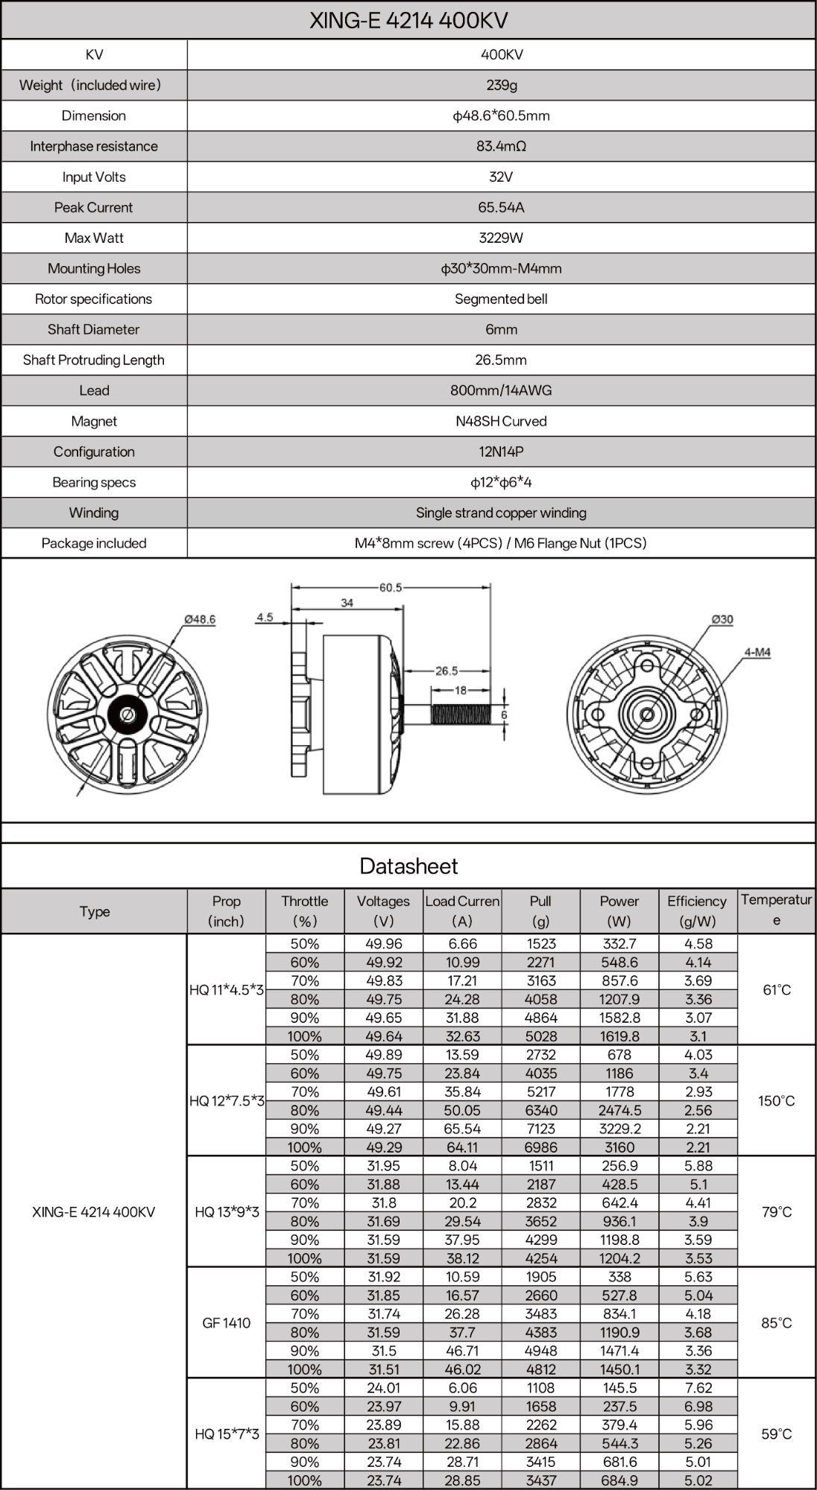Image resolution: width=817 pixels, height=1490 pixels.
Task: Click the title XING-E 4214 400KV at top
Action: tap(408, 20)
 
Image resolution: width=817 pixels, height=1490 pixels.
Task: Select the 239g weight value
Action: tap(501, 85)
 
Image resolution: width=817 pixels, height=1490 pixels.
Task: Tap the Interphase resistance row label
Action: tap(94, 146)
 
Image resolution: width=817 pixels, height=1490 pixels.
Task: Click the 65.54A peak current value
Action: tap(501, 207)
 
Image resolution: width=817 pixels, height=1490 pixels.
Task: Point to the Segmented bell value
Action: tap(501, 299)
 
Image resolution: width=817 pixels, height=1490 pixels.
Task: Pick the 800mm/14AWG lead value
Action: tap(501, 390)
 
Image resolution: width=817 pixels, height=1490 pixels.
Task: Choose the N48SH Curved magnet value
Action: tap(501, 421)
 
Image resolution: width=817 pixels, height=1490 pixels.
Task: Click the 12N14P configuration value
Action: tap(501, 451)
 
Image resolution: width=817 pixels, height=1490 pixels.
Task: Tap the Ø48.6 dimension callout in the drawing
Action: tap(200, 619)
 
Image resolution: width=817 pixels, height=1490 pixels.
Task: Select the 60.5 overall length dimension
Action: tap(391, 588)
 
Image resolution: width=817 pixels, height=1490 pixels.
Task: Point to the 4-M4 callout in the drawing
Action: tap(757, 653)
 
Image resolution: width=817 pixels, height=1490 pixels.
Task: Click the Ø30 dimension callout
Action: tap(722, 619)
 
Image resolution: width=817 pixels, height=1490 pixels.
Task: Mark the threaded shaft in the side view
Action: tap(461, 715)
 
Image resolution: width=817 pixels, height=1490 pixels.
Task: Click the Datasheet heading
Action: tap(408, 866)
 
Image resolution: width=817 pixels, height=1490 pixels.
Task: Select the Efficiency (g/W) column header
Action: tap(697, 910)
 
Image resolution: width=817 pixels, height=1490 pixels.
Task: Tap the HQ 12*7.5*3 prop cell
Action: tap(227, 1100)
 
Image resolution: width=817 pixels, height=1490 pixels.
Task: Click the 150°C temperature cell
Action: tap(776, 1100)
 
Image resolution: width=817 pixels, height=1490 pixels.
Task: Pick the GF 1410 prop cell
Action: tap(227, 1322)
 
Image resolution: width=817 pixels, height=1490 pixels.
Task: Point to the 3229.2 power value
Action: tap(619, 1129)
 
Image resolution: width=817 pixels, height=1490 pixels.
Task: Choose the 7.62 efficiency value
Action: tap(698, 1388)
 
